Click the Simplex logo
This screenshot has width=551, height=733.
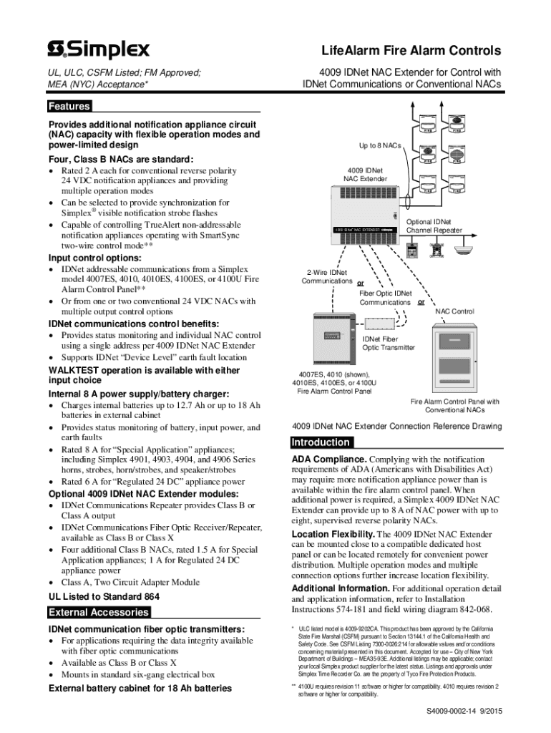pos(99,49)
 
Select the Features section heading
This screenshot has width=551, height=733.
pos(69,107)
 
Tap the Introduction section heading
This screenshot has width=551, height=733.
pos(321,442)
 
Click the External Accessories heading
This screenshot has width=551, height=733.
pos(99,612)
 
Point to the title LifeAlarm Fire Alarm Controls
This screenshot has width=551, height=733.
pos(411,52)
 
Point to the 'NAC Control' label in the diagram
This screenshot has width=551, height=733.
pos(454,311)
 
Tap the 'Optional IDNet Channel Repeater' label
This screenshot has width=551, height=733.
pos(434,226)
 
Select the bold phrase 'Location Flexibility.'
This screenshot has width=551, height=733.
pos(333,534)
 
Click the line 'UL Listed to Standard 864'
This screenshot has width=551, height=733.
pos(104,596)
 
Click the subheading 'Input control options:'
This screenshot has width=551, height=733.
pos(94,258)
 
